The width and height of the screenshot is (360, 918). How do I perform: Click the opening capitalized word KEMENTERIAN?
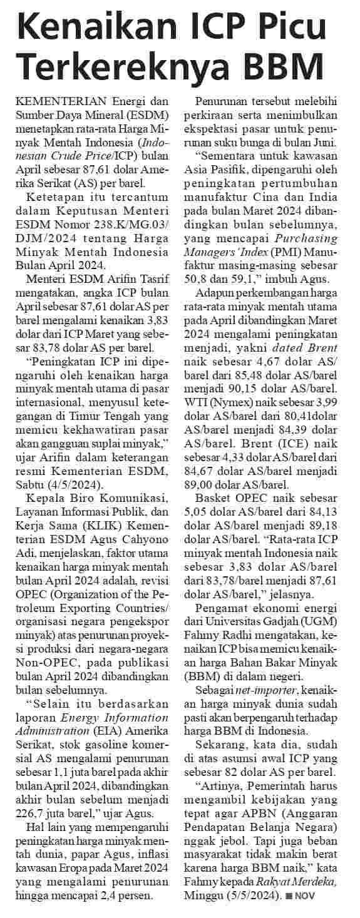pos(59,100)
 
